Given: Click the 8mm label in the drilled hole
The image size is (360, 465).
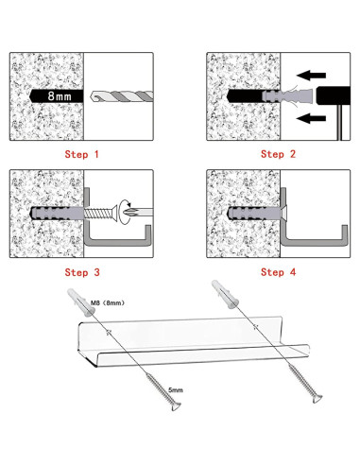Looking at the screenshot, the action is coord(60,95).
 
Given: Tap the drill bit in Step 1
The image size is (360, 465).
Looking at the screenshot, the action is coord(122,96).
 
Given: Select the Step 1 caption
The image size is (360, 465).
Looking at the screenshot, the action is coord(81,154).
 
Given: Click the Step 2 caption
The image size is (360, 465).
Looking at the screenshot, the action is coord(278,154).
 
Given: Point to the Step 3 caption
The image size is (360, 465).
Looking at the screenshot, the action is coord(82,272).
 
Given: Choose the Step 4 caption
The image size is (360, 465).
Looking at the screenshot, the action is coord(279,272).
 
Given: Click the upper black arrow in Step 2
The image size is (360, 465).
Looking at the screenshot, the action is coord(311,76).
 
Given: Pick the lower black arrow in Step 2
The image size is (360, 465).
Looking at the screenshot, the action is coord(311,118).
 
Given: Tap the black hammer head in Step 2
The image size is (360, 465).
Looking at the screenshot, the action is coord(334,95).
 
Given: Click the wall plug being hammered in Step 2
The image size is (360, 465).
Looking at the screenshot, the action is coord(287,95).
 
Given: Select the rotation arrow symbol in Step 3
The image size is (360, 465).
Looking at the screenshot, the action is coord(126,212).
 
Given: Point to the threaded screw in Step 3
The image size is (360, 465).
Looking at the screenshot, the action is coord(100,214).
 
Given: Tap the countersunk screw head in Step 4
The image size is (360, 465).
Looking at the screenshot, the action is coord(283,214).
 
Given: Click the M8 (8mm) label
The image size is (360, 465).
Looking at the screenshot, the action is coord(108,302).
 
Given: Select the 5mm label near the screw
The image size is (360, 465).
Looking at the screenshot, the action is coord(176,390).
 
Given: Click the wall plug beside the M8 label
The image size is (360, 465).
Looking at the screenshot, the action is coord(81,302).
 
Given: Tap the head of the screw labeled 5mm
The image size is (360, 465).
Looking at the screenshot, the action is coord(176,405).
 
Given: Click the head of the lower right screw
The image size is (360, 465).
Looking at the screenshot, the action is coord(317,398).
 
